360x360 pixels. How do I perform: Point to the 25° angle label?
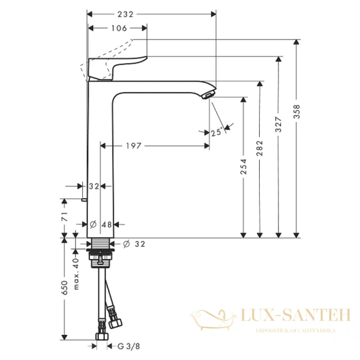tap(217, 133)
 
